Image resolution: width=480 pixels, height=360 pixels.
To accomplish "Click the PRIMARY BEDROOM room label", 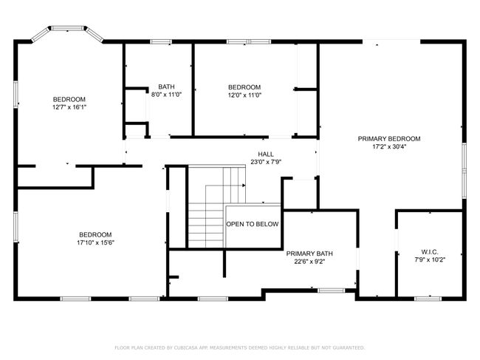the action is pyautogui.click(x=389, y=139).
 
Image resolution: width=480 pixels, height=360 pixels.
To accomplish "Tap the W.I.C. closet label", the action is pyautogui.click(x=430, y=252).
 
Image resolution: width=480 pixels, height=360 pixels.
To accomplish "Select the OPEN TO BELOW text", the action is pyautogui.click(x=253, y=224).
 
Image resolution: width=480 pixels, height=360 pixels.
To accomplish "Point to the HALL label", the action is pyautogui.click(x=266, y=154).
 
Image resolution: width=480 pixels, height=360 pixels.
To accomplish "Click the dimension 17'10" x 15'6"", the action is pyautogui.click(x=95, y=242).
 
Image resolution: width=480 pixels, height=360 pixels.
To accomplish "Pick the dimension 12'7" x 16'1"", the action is pyautogui.click(x=69, y=107).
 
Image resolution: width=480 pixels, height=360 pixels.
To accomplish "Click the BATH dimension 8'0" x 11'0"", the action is pyautogui.click(x=167, y=95).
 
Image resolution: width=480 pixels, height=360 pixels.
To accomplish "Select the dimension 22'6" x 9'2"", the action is pyautogui.click(x=309, y=262).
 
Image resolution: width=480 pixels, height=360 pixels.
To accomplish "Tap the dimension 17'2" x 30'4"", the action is pyautogui.click(x=389, y=147).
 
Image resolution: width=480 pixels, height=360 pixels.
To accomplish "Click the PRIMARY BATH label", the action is pyautogui.click(x=309, y=254).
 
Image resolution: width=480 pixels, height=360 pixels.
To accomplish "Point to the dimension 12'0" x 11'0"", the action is pyautogui.click(x=244, y=95).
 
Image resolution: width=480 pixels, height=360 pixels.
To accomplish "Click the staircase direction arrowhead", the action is pyautogui.click(x=244, y=186).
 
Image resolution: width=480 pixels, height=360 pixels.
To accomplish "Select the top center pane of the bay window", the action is pyautogui.click(x=67, y=28).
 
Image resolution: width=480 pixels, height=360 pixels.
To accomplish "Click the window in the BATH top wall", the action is pyautogui.click(x=161, y=41).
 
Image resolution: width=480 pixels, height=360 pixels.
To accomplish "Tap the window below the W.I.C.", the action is pyautogui.click(x=428, y=299).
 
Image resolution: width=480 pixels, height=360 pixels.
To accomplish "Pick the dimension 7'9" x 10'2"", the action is pyautogui.click(x=430, y=259).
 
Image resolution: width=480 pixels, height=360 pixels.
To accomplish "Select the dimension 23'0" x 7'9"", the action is pyautogui.click(x=266, y=162).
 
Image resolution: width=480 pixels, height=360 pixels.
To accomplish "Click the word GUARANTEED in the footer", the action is pyautogui.click(x=349, y=347).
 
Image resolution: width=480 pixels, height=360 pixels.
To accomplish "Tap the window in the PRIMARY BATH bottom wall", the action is pyautogui.click(x=332, y=291).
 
